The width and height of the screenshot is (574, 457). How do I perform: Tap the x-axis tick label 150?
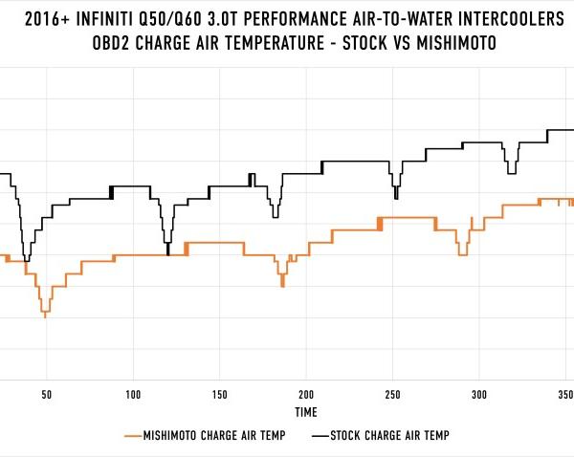click(x=220, y=394)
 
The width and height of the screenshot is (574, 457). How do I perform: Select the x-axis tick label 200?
click(x=306, y=394)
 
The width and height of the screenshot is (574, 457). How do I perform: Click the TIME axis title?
click(x=306, y=412)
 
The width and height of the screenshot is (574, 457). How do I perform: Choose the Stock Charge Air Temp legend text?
click(x=389, y=436)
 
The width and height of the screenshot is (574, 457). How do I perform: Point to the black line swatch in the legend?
click(x=320, y=436)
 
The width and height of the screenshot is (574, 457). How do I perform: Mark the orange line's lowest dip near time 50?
click(x=45, y=316)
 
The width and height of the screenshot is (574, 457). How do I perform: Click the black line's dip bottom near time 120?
click(x=168, y=253)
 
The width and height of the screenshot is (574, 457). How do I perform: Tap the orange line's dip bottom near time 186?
click(x=282, y=286)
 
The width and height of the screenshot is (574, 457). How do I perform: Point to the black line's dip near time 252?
click(x=395, y=198)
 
